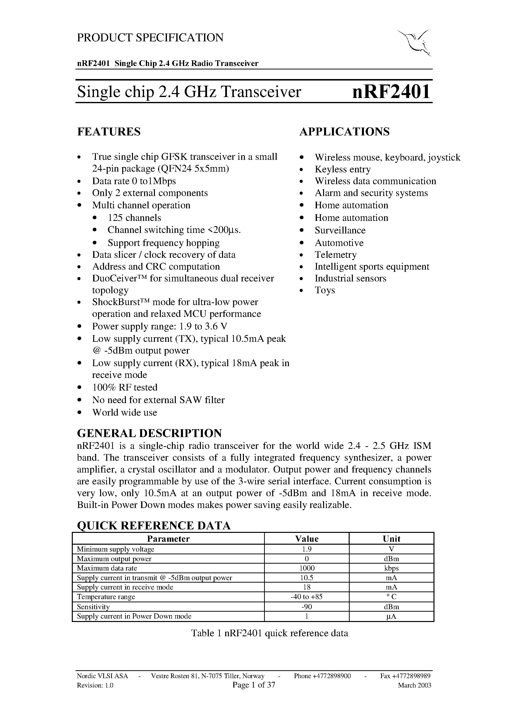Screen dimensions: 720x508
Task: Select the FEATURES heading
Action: [x=109, y=132]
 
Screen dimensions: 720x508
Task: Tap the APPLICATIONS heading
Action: [x=344, y=132]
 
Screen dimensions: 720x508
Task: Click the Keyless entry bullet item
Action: [x=342, y=169]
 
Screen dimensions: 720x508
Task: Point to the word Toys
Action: [x=325, y=290]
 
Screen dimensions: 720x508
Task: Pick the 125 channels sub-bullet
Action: [x=134, y=218]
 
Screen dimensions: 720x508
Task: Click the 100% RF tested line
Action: [x=125, y=387]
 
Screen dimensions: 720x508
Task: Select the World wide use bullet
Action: [x=124, y=412]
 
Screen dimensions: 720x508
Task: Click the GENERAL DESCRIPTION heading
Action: [x=149, y=433]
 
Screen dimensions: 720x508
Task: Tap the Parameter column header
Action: [x=168, y=539]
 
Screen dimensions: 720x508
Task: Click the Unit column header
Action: [x=391, y=539]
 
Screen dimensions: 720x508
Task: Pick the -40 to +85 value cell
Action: [x=307, y=597]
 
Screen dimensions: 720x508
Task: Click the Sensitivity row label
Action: [x=93, y=607]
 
